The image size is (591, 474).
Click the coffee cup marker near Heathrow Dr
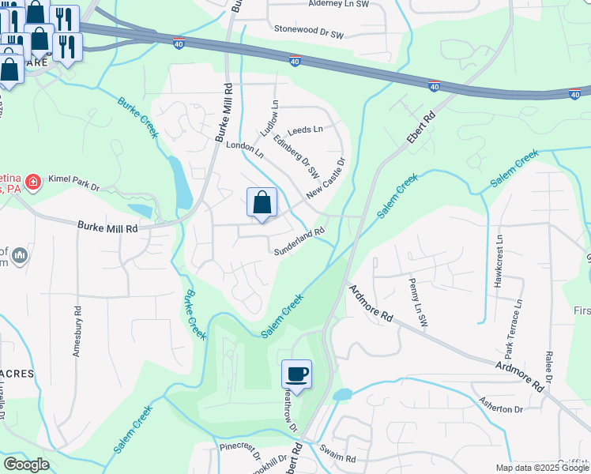tap(296, 374)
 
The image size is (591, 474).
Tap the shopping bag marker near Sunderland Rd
tap(262, 203)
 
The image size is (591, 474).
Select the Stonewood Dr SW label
tap(309, 32)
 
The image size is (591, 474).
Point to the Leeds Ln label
tap(306, 130)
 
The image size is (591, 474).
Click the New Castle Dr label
tap(326, 178)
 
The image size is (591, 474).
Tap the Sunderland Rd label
tap(299, 242)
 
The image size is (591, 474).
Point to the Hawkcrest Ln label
tap(498, 259)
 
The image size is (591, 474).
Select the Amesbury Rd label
tap(77, 333)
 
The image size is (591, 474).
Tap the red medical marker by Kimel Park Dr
tap(33, 184)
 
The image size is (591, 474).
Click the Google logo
tap(26, 465)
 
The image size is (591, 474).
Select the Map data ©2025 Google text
tap(541, 468)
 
